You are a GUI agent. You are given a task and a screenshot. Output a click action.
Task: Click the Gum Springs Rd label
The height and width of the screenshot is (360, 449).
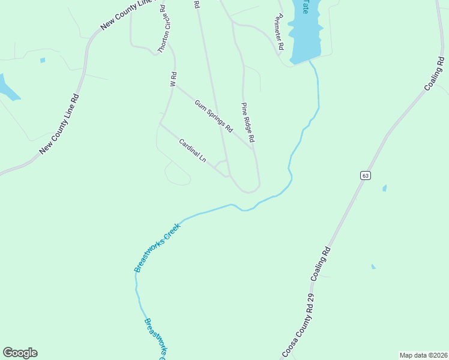point(214,116)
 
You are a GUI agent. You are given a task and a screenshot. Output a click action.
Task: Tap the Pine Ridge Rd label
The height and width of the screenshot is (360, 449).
point(249,122)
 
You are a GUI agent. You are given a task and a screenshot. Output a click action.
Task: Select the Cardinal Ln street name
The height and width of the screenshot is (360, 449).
point(193,151)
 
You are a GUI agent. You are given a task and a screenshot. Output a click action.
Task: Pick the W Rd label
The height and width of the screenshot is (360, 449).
point(173,80)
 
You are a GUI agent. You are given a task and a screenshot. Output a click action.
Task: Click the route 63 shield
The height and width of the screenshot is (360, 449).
point(366,175)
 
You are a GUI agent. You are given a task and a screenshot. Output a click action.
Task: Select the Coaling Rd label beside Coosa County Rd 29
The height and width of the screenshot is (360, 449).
point(321,264)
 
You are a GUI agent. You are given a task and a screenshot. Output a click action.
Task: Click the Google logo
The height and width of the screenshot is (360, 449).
point(20,353)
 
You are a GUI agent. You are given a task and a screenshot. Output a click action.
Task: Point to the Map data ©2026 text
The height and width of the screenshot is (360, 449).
point(423,355)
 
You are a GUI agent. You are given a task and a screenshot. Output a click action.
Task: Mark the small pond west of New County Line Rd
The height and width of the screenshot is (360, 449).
point(43,60)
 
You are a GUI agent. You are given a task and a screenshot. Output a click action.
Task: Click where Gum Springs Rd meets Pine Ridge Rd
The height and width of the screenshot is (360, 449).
point(252,148)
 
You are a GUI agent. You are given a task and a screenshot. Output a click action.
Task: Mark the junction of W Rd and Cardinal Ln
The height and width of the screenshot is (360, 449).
point(160,125)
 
